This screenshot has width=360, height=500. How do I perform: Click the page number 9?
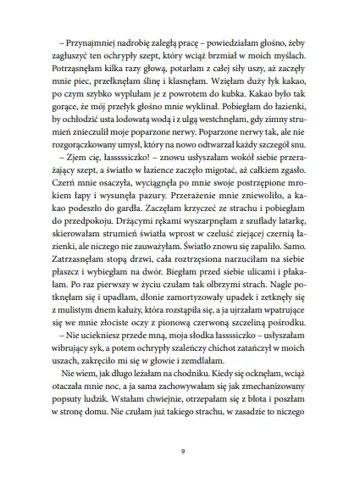click(180, 452)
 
